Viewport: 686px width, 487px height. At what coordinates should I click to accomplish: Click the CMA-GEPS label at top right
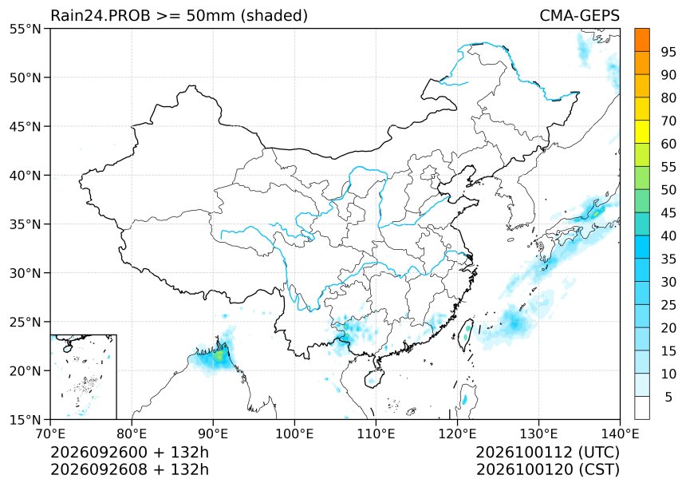click(x=579, y=15)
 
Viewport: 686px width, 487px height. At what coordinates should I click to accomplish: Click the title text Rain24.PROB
click(x=101, y=15)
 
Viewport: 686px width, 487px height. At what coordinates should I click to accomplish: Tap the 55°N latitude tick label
click(x=25, y=30)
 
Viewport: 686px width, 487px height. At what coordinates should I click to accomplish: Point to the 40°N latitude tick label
click(x=25, y=176)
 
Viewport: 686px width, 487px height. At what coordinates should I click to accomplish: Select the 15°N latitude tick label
click(x=25, y=420)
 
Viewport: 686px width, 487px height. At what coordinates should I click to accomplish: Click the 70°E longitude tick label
click(x=50, y=434)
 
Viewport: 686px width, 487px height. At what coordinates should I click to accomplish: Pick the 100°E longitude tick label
click(x=294, y=434)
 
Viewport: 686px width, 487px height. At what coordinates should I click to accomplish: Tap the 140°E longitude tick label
click(x=620, y=434)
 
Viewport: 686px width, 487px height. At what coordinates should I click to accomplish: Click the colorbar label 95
click(x=668, y=52)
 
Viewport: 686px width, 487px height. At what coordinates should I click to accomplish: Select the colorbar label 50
click(x=668, y=190)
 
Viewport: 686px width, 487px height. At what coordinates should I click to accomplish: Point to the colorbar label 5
click(x=668, y=397)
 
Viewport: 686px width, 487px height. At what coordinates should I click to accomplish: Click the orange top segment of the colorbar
click(x=642, y=40)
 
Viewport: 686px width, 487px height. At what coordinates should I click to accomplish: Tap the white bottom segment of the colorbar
click(x=642, y=408)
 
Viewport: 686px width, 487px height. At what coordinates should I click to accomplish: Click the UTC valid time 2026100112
click(x=525, y=452)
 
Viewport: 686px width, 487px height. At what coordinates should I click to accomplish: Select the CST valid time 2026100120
click(x=525, y=469)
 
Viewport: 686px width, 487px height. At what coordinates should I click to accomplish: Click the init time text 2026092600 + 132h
click(x=130, y=452)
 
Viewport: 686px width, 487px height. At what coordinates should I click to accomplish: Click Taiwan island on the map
click(x=466, y=335)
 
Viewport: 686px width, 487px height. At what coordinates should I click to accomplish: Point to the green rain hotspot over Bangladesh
click(x=219, y=355)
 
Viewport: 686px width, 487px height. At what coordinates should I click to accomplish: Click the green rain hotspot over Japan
click(x=597, y=213)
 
